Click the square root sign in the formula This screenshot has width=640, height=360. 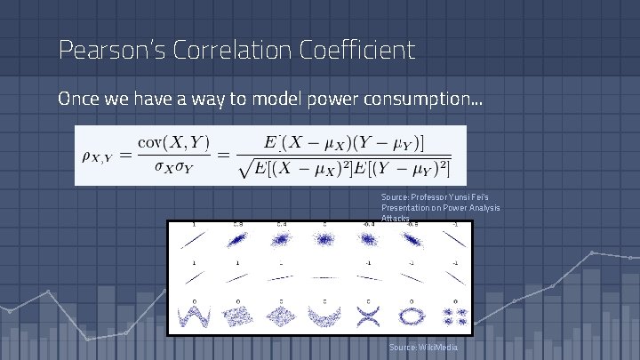coord(246,167)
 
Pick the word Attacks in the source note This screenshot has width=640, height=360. coord(396,218)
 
